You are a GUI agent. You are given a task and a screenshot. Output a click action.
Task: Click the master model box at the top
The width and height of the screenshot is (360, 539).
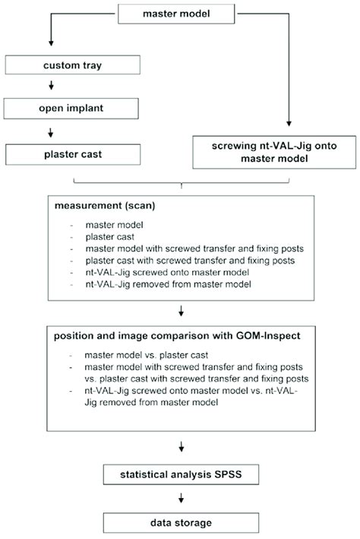point(181,14)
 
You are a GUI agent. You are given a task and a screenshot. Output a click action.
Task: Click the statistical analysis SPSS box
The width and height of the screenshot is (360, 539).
point(181,476)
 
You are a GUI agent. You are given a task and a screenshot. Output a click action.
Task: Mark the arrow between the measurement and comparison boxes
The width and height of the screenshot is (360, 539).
point(181,310)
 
